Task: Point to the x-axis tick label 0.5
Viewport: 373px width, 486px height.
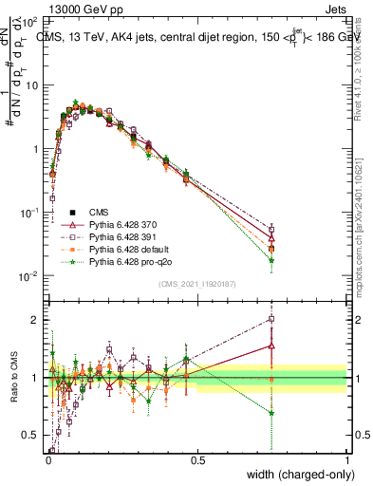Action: point(197,460)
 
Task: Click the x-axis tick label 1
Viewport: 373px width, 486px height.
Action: point(347,460)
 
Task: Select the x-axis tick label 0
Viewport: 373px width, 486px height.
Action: point(48,460)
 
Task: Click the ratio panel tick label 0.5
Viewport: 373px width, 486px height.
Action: point(31,436)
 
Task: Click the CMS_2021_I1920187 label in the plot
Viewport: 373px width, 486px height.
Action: point(196,284)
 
